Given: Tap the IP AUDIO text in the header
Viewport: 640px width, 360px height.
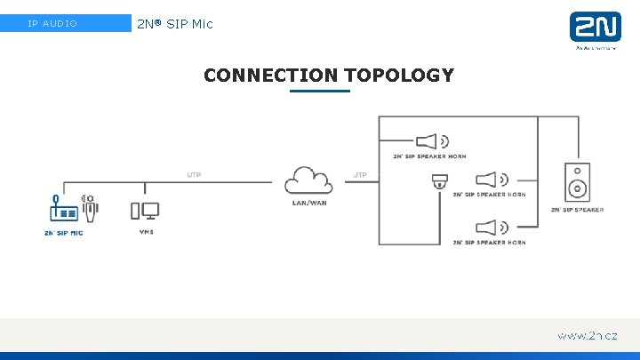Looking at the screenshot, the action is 52,23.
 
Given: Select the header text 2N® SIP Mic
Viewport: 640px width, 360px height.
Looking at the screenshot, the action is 175,23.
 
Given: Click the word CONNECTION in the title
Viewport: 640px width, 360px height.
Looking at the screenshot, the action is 270,76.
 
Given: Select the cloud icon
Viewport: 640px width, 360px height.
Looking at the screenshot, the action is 309,181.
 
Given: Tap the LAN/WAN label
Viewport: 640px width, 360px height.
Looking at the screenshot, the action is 309,203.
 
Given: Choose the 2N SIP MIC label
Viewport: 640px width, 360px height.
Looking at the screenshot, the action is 63,232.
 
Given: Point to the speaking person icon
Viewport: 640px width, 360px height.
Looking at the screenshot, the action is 89,207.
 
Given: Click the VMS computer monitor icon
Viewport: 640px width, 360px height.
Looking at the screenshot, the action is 145,211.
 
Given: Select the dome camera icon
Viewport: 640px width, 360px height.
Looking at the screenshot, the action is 439,182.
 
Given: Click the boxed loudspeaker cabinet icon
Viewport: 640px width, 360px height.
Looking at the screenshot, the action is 576,182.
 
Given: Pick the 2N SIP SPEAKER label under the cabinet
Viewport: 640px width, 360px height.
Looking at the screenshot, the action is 576,210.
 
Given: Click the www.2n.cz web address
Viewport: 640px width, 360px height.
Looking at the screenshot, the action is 587,336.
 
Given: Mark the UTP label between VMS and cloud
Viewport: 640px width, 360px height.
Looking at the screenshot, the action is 194,174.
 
